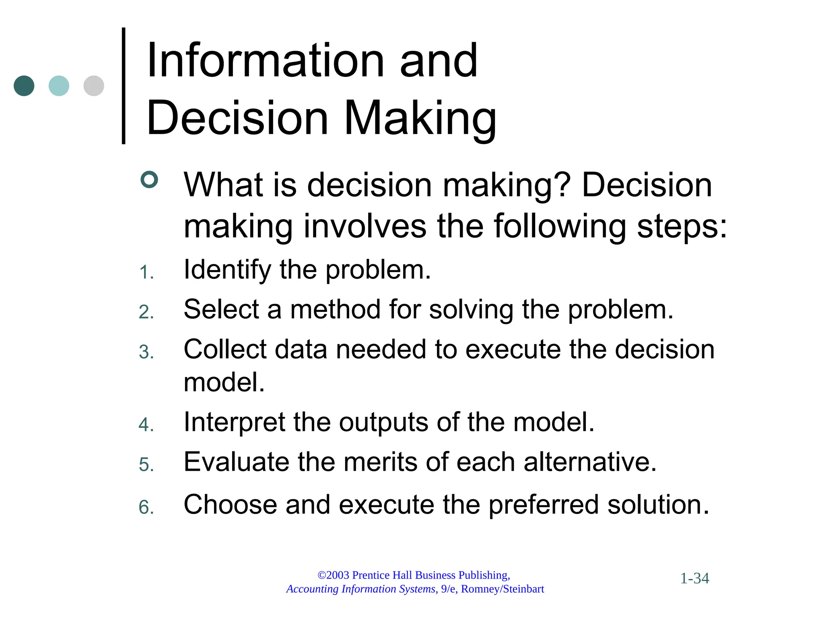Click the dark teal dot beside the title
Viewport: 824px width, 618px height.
point(24,86)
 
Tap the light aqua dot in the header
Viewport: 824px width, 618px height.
point(59,86)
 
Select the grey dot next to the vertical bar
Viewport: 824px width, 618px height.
point(94,86)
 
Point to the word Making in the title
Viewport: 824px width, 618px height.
point(420,119)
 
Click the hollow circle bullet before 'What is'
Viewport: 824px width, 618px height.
point(149,179)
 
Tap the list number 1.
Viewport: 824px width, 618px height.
point(146,273)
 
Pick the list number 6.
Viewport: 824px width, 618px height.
point(146,507)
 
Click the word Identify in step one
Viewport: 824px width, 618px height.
point(227,270)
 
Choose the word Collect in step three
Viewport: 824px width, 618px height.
point(225,349)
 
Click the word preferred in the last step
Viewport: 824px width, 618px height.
point(544,505)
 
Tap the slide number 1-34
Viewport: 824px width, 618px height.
point(694,578)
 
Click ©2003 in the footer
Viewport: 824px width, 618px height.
point(333,575)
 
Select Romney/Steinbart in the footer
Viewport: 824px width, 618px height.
point(503,589)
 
